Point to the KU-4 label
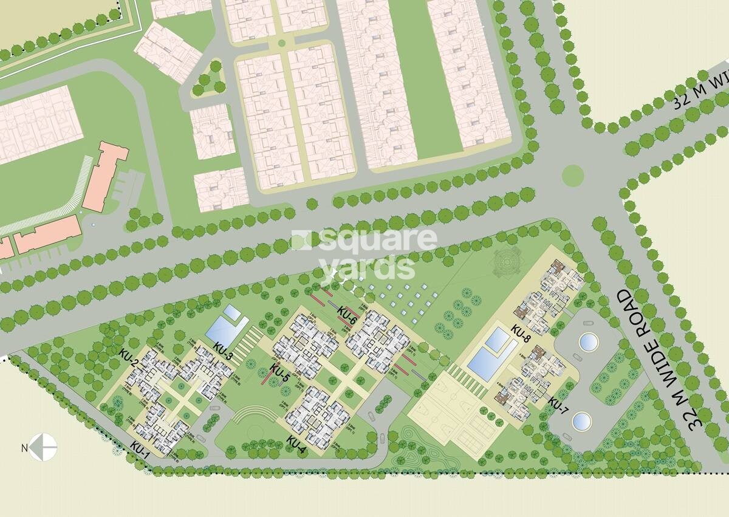(296, 446)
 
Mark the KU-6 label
(347, 313)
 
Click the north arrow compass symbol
(43, 448)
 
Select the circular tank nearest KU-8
(588, 342)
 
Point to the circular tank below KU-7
(581, 420)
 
